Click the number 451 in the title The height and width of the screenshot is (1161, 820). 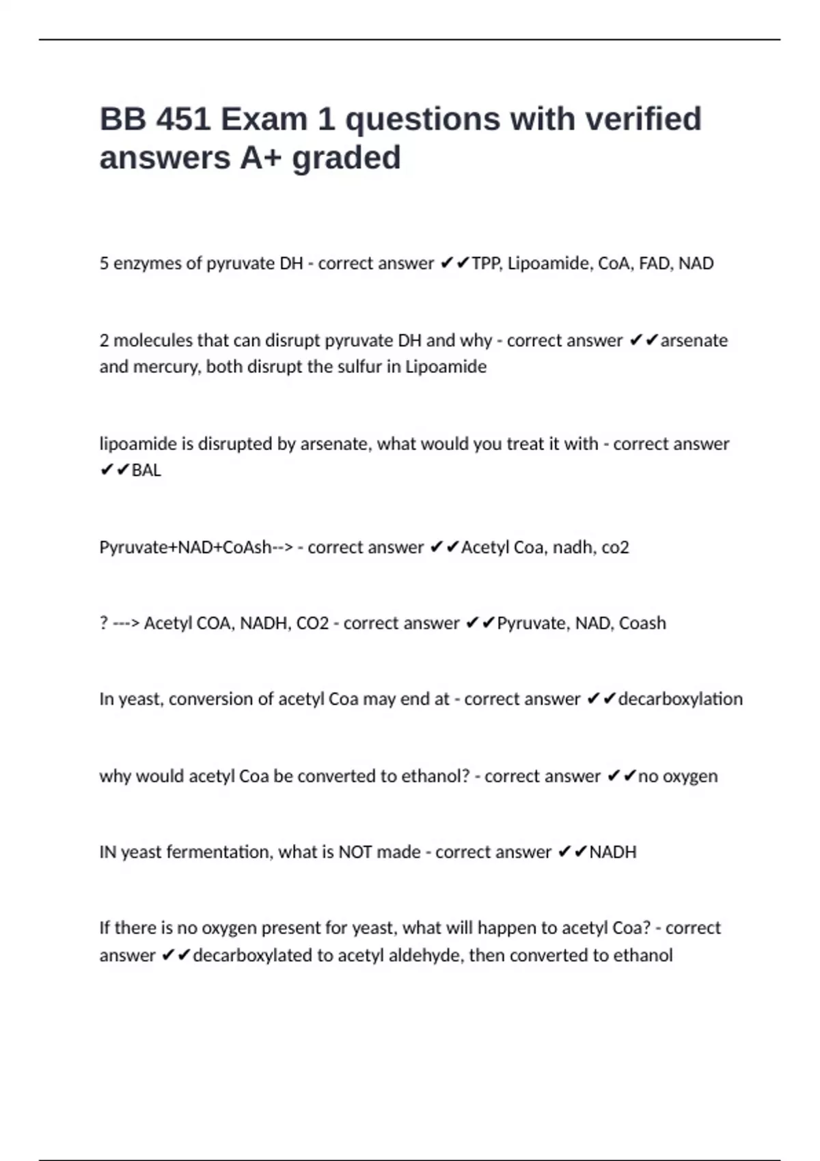pos(183,120)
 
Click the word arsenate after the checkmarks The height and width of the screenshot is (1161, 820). pos(694,341)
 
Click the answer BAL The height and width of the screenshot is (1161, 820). pos(146,471)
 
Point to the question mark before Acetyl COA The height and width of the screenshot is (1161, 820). pos(104,624)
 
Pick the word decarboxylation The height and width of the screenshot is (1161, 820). pos(680,699)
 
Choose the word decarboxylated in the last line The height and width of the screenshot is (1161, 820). pos(252,955)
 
